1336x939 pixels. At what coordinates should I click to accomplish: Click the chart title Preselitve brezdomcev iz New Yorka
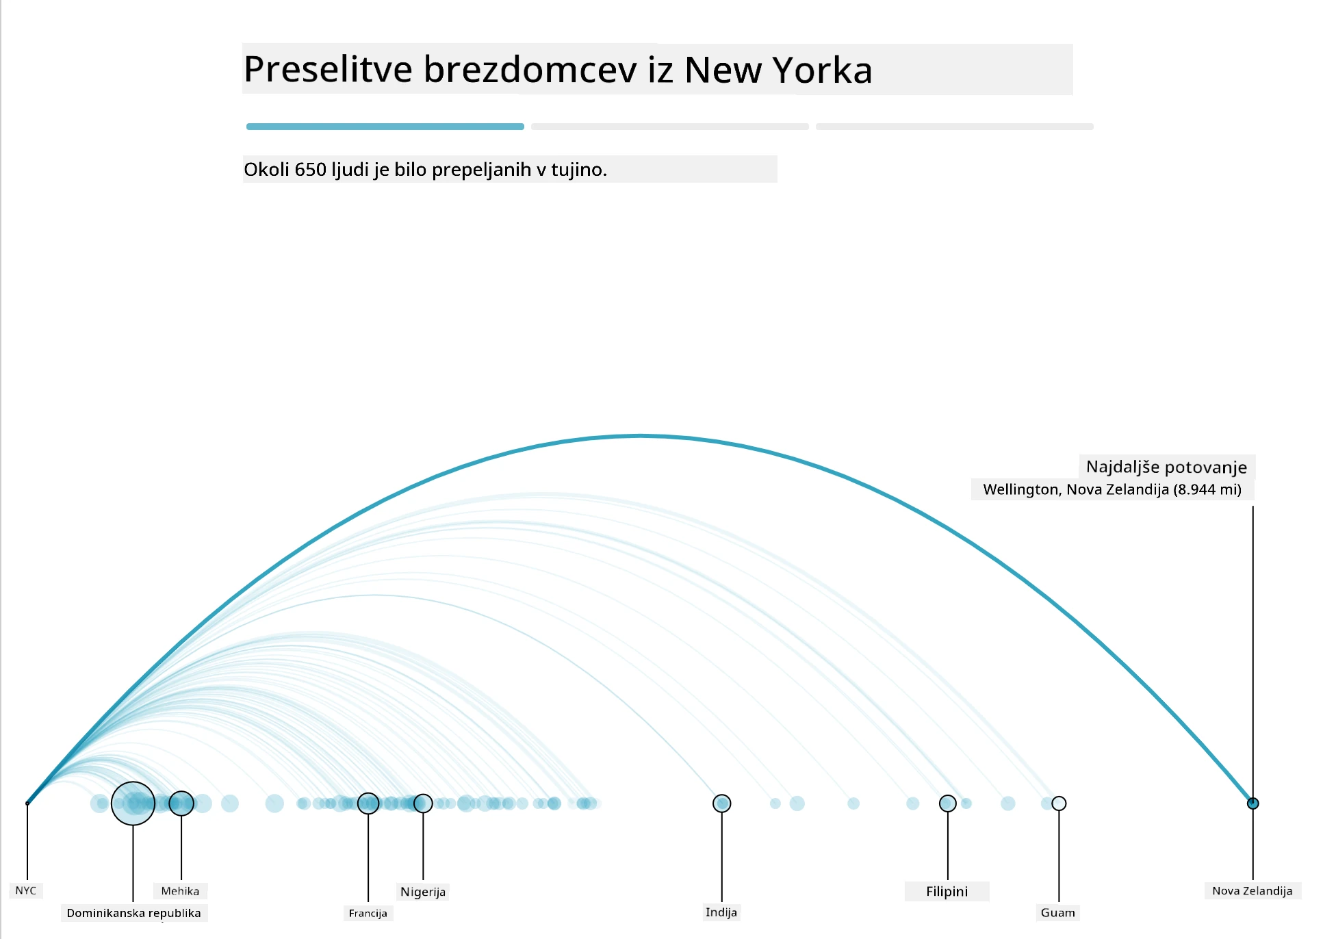[x=558, y=70]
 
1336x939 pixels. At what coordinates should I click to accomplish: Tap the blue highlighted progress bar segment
[x=385, y=127]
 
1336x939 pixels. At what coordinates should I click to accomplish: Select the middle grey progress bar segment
[x=670, y=127]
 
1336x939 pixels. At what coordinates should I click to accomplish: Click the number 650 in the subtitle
[x=310, y=169]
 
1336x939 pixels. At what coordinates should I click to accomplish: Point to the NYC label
[x=26, y=890]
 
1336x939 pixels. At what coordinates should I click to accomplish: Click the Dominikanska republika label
[x=134, y=913]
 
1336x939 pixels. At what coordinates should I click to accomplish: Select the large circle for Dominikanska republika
[x=133, y=803]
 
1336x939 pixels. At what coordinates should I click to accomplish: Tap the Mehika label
[x=180, y=891]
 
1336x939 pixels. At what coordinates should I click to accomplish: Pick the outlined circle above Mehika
[x=181, y=803]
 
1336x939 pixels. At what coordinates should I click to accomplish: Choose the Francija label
[x=368, y=913]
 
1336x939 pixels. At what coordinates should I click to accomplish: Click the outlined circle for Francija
[x=368, y=803]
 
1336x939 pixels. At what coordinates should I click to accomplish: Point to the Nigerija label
[x=423, y=892]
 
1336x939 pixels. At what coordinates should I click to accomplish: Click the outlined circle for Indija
[x=722, y=803]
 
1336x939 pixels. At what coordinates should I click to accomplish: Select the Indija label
[x=721, y=912]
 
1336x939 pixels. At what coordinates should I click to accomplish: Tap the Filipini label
[x=947, y=891]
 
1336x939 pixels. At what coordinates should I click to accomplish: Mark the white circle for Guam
[x=1059, y=803]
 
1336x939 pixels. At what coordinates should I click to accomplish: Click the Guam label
[x=1058, y=912]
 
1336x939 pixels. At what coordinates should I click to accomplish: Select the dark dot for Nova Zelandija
[x=1253, y=803]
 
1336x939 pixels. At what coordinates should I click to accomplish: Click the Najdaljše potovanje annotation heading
[x=1167, y=467]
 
